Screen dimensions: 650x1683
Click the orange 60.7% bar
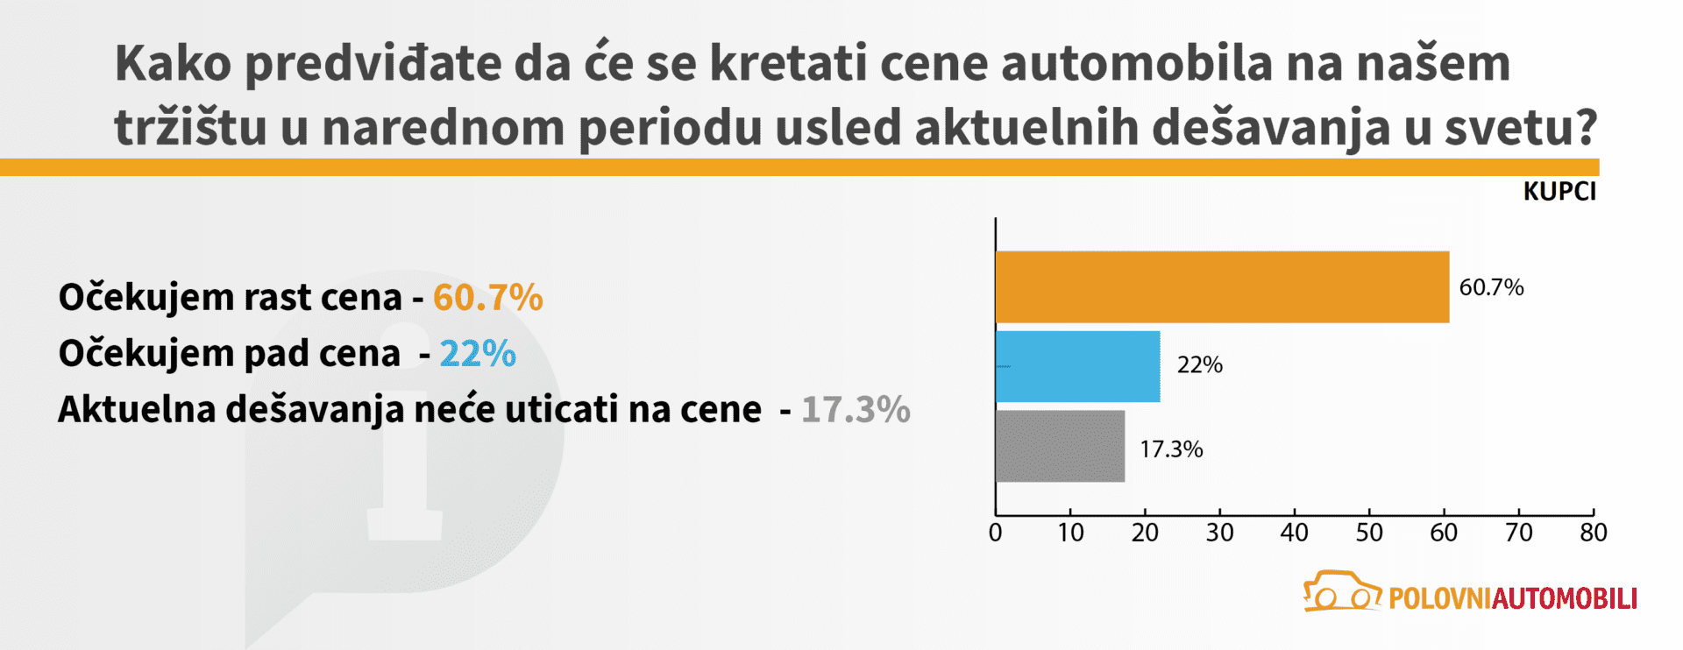(x=1222, y=287)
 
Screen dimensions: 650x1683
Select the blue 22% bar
(x=1077, y=366)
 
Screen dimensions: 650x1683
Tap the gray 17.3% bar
(x=1060, y=446)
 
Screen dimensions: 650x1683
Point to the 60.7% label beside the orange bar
(x=1491, y=287)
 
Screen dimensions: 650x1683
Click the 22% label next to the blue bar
(x=1199, y=365)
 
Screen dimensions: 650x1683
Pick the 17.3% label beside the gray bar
(x=1171, y=449)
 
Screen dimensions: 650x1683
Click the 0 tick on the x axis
(x=995, y=533)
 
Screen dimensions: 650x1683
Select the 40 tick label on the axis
(x=1294, y=533)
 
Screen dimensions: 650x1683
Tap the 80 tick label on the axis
(x=1593, y=533)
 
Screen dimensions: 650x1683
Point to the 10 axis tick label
(x=1070, y=533)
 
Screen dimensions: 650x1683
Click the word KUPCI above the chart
(x=1559, y=192)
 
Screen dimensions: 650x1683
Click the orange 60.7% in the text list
(x=488, y=298)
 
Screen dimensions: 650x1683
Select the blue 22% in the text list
(x=478, y=354)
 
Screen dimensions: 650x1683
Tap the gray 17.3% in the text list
(x=856, y=410)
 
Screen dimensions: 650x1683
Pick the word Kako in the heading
(x=173, y=64)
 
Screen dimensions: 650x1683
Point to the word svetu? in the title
(x=1521, y=128)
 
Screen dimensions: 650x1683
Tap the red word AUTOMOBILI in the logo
(x=1565, y=598)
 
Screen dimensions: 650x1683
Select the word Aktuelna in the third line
(x=137, y=410)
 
